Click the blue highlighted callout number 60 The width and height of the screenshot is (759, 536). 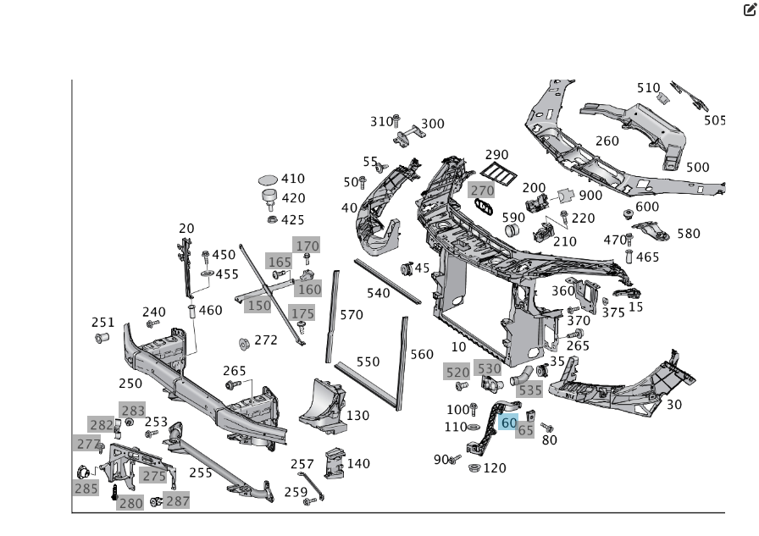click(x=509, y=423)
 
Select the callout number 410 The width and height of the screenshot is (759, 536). click(x=293, y=179)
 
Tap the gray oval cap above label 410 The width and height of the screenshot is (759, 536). click(x=268, y=180)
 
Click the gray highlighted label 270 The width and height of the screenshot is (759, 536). click(x=482, y=191)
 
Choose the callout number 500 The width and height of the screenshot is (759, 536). click(x=697, y=168)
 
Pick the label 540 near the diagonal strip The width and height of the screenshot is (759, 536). click(x=378, y=293)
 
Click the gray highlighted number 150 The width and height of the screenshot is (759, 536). click(x=258, y=306)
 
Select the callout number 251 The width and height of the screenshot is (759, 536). click(x=102, y=323)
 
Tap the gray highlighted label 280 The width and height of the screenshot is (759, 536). click(x=130, y=503)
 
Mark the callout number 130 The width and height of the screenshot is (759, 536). click(x=357, y=416)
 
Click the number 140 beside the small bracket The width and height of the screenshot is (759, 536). click(x=358, y=463)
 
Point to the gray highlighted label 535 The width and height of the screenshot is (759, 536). click(x=530, y=390)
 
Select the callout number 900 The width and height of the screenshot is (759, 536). click(x=590, y=196)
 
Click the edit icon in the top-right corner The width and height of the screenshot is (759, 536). click(x=749, y=11)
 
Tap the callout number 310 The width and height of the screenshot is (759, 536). click(x=381, y=122)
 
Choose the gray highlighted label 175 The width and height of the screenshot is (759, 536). click(x=302, y=313)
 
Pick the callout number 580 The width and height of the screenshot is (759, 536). click(x=689, y=234)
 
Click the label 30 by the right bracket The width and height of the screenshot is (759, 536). click(x=674, y=405)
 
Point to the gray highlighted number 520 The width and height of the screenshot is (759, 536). click(x=457, y=373)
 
